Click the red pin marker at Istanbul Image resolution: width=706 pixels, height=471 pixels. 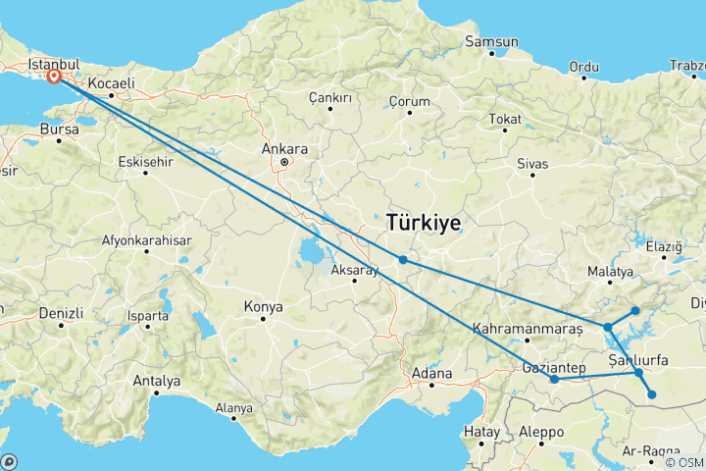pos(53,76)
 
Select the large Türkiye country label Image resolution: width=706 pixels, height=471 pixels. pos(424,223)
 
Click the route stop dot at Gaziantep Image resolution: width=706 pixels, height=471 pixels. pos(554,379)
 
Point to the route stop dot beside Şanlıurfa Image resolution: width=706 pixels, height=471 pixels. pos(638,373)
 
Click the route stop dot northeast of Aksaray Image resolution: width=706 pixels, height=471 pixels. pos(403,260)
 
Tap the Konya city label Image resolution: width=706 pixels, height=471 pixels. pos(263,307)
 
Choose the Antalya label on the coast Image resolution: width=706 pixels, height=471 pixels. pos(157,380)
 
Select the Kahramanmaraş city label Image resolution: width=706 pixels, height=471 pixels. pos(520,329)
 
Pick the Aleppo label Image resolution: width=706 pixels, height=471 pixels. pos(543,432)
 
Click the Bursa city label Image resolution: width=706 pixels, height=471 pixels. pos(59,129)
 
